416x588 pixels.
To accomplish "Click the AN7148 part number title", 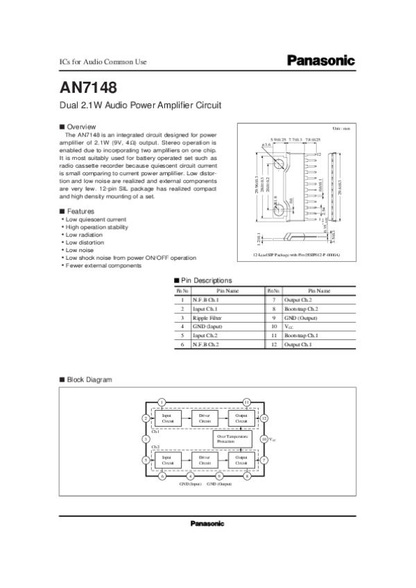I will (x=87, y=89).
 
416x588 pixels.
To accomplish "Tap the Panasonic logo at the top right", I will (x=321, y=61).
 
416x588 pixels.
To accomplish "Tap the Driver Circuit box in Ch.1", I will (x=205, y=418).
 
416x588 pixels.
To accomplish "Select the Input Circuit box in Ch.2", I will (x=167, y=460).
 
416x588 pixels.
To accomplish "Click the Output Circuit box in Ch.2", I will (x=242, y=460).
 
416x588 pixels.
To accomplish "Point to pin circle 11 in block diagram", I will (x=246, y=402).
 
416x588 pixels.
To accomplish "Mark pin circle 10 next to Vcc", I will (x=263, y=439).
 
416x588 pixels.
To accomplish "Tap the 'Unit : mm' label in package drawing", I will (x=342, y=129).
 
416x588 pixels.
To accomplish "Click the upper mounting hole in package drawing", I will (x=277, y=164).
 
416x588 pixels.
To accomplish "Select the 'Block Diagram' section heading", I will (x=88, y=380).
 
